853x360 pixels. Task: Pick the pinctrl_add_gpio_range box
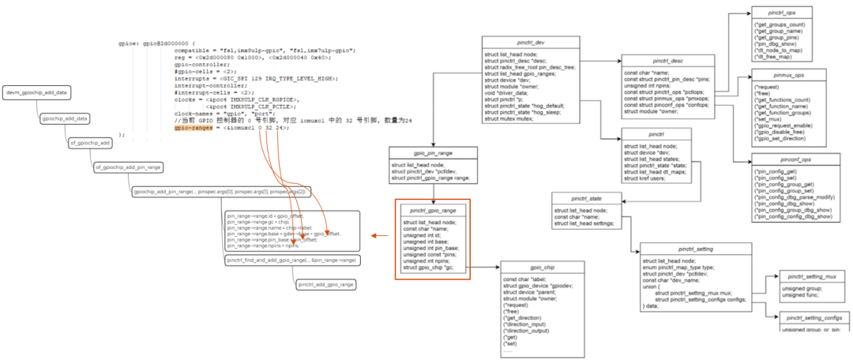[325, 284]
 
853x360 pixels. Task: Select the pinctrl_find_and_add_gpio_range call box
[291, 260]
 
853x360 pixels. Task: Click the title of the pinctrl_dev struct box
[531, 42]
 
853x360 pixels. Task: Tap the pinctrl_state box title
[585, 198]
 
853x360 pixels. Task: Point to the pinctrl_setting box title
[682, 249]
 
